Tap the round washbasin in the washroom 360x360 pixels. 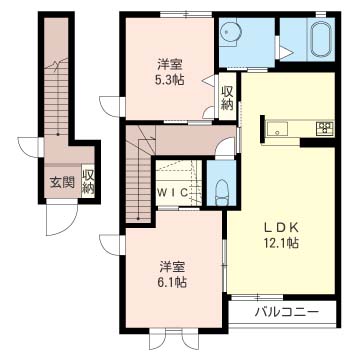(230, 32)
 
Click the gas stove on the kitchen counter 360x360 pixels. (325, 128)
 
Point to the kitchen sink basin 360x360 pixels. (277, 128)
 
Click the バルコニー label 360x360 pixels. (287, 313)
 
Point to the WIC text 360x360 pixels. (173, 192)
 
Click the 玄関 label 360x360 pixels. (62, 182)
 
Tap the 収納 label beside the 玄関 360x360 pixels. (88, 182)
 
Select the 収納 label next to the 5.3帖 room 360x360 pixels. (227, 99)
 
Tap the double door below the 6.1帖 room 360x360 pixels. (174, 339)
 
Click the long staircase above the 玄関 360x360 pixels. (57, 97)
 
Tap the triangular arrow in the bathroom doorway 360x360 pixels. (286, 52)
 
